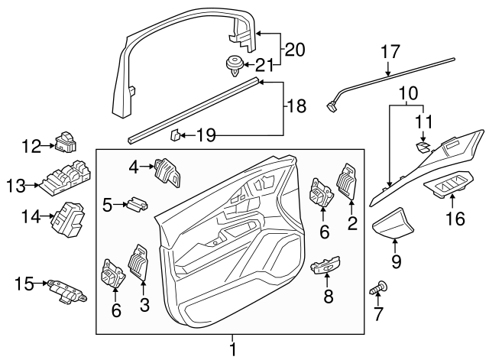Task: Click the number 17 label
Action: (x=390, y=53)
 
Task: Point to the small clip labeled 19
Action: (x=175, y=135)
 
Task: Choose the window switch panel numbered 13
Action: (x=63, y=183)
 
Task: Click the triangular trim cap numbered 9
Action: (x=394, y=223)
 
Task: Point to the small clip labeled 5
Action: (x=138, y=204)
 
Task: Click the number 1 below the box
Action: (x=233, y=349)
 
